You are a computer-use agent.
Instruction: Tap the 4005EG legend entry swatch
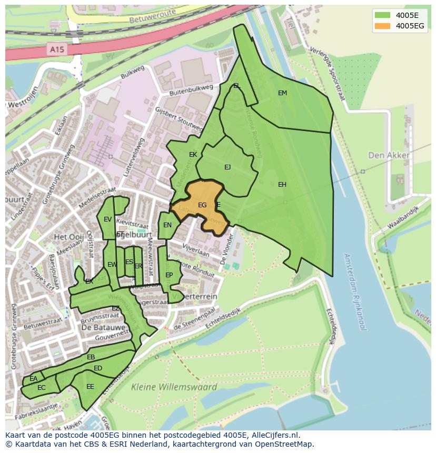coord(383,26)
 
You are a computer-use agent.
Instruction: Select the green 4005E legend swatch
coord(383,15)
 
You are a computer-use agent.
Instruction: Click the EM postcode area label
coord(282,93)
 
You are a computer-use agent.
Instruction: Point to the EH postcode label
coord(282,185)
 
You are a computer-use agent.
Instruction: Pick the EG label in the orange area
coord(202,205)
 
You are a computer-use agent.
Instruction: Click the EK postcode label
coord(193,155)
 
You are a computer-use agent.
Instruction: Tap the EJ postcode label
coord(227,167)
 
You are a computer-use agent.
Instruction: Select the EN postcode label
coord(167,225)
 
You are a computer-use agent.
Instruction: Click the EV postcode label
coord(107,219)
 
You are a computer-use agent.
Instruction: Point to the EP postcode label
coord(169,275)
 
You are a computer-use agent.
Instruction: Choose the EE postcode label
coord(90,387)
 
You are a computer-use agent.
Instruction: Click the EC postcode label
coord(42,388)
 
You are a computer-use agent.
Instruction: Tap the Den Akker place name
coord(389,155)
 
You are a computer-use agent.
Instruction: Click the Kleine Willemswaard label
coord(174,387)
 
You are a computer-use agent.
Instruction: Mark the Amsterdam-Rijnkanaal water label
coord(354,291)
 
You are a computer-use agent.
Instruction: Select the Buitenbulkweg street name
coord(191,90)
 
